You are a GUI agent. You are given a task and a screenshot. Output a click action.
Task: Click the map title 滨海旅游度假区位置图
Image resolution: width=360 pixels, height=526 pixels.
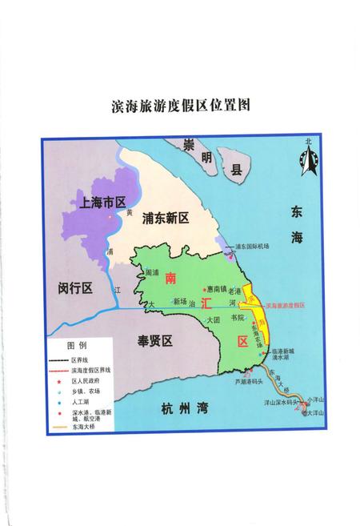179,106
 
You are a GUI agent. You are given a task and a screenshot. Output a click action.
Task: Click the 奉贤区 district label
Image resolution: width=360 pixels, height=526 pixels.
155,342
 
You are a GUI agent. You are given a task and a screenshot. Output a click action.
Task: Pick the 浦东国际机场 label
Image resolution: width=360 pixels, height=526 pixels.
258,247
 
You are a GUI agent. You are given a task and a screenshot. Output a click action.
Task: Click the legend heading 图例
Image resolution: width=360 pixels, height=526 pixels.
77,346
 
